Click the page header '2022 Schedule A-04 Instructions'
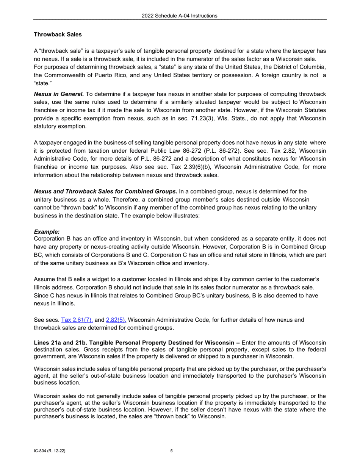click(x=180, y=16)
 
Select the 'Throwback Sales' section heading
click(x=58, y=34)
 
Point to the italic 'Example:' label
click(x=47, y=231)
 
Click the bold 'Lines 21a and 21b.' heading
click(x=61, y=342)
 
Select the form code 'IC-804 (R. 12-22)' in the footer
click(x=52, y=451)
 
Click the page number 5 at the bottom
click(x=172, y=451)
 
